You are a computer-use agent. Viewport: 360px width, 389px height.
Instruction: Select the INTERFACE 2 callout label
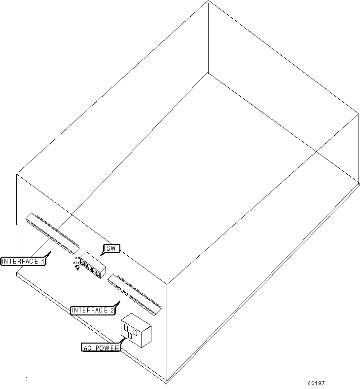point(93,310)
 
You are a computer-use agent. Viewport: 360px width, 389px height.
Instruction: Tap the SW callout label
point(111,248)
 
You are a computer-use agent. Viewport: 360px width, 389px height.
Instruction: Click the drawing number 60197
point(316,383)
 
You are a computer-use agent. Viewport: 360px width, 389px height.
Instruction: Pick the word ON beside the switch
point(76,258)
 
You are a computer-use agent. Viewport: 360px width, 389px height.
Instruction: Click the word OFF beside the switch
point(76,263)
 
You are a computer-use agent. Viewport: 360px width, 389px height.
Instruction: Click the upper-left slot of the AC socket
point(126,328)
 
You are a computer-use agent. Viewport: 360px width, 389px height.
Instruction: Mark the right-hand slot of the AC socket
point(135,332)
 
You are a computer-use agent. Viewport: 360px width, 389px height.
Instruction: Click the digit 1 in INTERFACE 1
point(42,261)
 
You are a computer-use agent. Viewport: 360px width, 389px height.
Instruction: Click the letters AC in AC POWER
point(87,348)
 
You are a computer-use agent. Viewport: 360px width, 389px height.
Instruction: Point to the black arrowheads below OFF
point(77,267)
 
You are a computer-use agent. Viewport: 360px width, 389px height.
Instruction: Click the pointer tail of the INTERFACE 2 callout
point(118,304)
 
